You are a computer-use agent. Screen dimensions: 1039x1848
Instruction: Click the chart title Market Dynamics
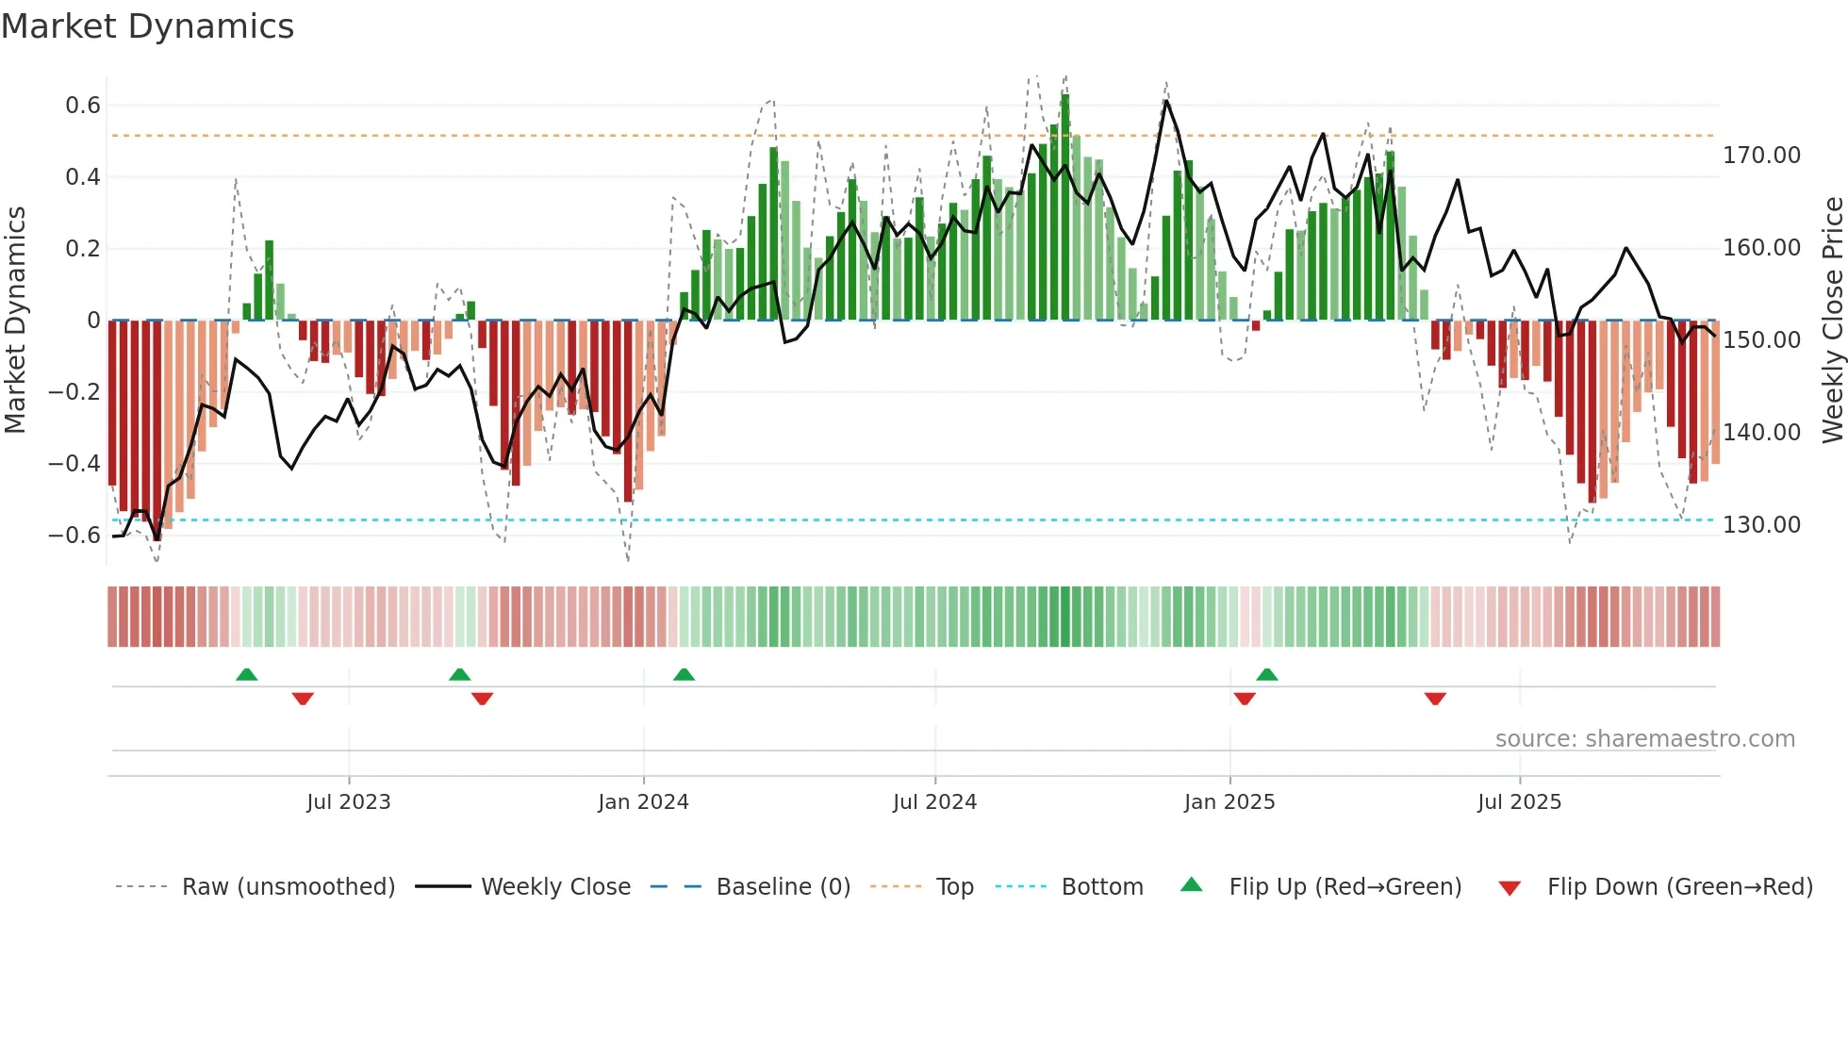[147, 26]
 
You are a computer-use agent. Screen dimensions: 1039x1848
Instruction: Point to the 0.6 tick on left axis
[83, 106]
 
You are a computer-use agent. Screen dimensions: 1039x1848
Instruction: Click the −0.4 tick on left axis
[74, 463]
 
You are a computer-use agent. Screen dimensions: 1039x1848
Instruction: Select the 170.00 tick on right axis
[1761, 156]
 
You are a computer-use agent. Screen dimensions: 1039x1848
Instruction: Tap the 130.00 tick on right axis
[1761, 525]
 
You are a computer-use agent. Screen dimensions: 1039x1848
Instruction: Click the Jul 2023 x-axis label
[348, 802]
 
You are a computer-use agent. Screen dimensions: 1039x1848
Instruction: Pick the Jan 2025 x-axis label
[1229, 802]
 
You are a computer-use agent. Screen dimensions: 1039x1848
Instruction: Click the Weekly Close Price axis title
[1832, 321]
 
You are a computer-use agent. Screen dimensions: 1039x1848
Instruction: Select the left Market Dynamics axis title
[15, 321]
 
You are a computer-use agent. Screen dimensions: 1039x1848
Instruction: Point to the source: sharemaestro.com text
[1644, 739]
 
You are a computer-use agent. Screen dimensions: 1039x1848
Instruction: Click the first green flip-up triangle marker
[246, 675]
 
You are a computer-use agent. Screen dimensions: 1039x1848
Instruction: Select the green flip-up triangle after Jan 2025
[1267, 675]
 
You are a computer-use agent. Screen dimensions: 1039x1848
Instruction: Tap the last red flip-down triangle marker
[1435, 699]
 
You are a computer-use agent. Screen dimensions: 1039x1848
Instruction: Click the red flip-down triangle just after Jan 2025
[1245, 699]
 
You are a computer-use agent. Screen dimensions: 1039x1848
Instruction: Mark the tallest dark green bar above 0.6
[1064, 207]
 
